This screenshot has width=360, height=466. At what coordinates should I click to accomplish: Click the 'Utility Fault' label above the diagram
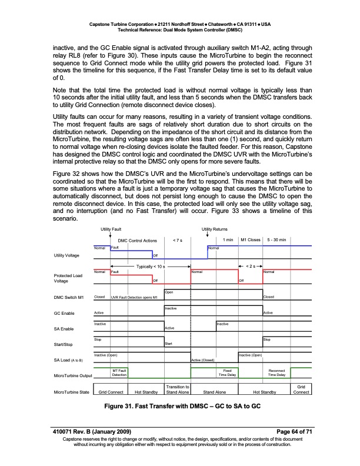click(111, 229)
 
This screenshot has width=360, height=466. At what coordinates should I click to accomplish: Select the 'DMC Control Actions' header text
click(137, 240)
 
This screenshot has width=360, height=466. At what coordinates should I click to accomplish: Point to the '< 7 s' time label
click(177, 240)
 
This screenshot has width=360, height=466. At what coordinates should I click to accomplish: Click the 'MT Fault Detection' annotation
click(120, 372)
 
